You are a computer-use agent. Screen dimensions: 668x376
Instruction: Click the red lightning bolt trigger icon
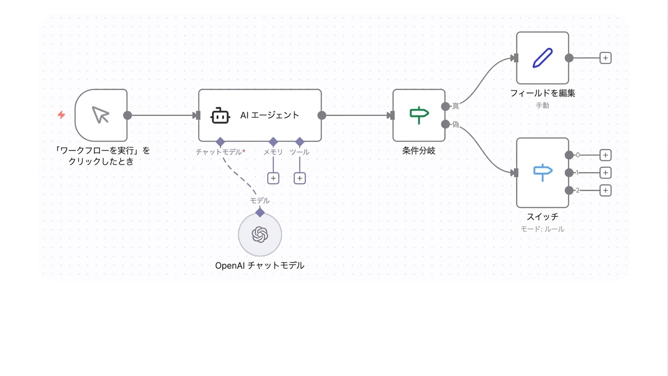[62, 115]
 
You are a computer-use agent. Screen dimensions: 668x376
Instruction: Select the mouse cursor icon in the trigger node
[100, 115]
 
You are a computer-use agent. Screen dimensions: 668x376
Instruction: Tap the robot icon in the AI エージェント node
[220, 116]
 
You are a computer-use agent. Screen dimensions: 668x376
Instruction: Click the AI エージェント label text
[269, 115]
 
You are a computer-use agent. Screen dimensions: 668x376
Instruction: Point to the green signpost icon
[419, 115]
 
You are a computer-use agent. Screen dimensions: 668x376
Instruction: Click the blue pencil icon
[542, 58]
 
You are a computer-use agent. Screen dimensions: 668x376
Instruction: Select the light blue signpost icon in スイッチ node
[543, 172]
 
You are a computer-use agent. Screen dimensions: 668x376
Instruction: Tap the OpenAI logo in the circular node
[260, 234]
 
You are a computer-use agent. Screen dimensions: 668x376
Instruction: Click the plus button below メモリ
[273, 178]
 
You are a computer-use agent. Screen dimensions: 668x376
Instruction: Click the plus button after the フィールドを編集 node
[605, 58]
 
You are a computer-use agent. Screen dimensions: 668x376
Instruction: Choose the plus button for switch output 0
[605, 155]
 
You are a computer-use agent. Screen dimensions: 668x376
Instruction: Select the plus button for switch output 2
[605, 190]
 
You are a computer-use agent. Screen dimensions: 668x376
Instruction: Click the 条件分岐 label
[419, 151]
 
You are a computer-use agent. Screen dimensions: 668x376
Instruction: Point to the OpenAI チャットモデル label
[260, 265]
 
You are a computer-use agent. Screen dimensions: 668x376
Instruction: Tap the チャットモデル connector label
[219, 152]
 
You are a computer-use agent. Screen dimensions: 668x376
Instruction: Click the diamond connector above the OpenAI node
[260, 212]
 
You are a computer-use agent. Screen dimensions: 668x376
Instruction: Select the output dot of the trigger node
[128, 115]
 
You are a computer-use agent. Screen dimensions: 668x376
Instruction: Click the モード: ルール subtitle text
[542, 229]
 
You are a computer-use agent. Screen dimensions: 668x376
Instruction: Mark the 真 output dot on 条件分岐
[445, 106]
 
